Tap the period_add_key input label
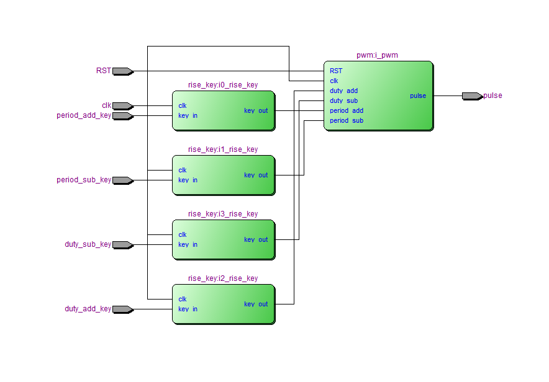84,115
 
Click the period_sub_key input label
84,180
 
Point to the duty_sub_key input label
88,244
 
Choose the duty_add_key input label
88,309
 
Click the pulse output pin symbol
472,96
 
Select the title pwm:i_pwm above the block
377,55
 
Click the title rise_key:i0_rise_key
223,85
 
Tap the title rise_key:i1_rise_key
223,149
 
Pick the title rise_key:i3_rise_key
223,214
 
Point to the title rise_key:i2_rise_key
223,278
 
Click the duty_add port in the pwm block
343,91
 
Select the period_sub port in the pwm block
347,120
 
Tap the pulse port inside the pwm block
418,96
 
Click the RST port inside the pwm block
336,71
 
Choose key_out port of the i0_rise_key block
256,110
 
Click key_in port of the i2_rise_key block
188,309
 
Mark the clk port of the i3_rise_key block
183,234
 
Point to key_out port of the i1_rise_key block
256,175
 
